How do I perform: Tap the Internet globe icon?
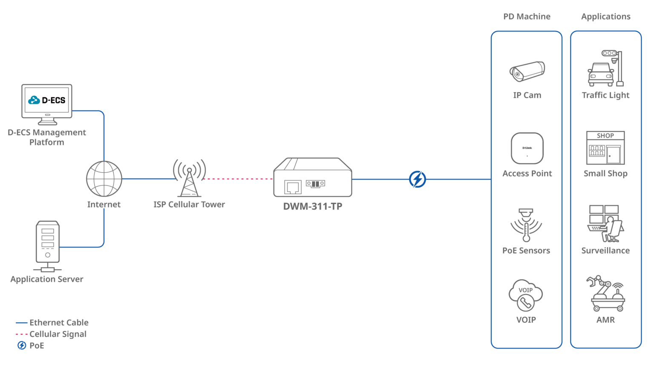[x=104, y=179]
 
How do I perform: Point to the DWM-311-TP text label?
[x=313, y=207]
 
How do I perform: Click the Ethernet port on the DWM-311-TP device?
[x=293, y=187]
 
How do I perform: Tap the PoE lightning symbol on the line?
[x=417, y=179]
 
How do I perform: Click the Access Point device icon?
[x=527, y=148]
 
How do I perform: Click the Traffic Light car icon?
[x=601, y=74]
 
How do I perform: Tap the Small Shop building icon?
[x=605, y=148]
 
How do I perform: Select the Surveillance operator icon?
[x=605, y=224]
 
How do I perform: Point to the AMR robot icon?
[x=605, y=294]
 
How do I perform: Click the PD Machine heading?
[x=527, y=17]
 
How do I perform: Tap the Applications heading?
[x=605, y=17]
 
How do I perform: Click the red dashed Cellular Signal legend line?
[x=22, y=334]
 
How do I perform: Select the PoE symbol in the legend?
[x=22, y=345]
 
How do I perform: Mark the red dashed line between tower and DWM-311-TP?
[x=238, y=179]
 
